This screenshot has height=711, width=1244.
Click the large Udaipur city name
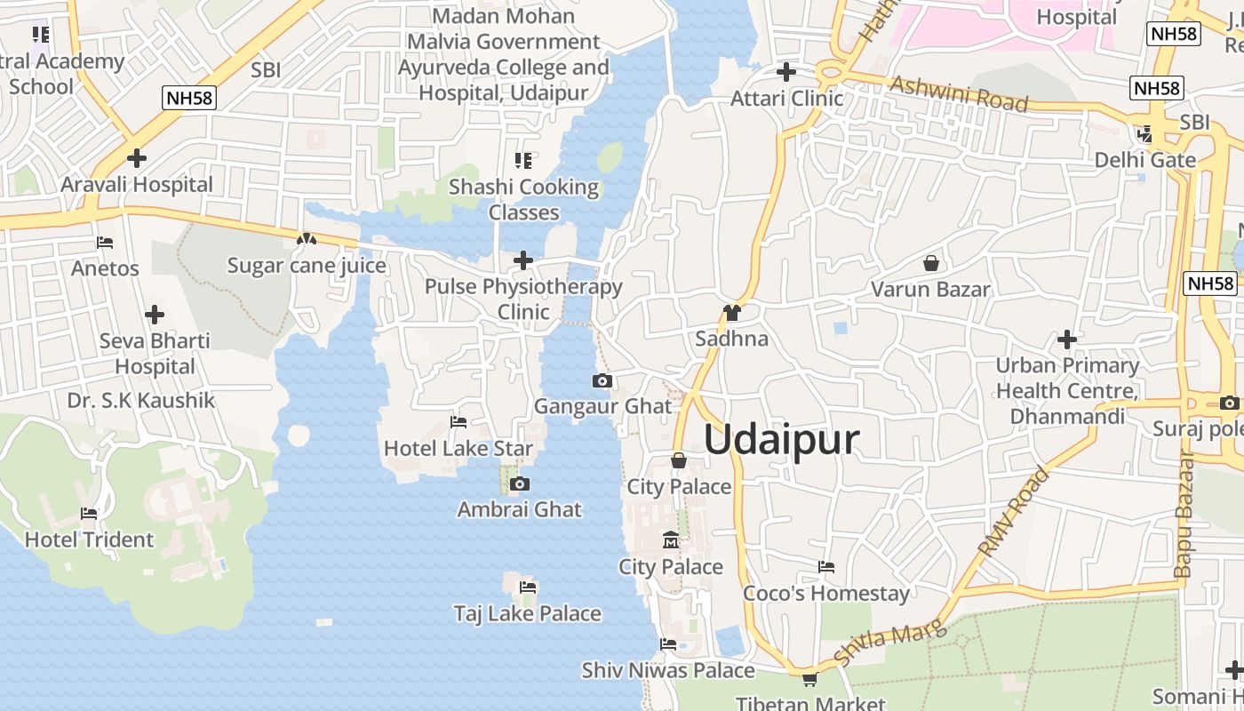[x=783, y=440]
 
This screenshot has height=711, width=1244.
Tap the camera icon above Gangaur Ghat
[x=602, y=381]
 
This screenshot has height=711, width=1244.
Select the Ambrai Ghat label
[x=520, y=510]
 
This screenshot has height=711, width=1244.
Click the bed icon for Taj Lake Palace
[x=528, y=587]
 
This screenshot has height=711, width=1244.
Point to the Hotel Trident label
[x=89, y=539]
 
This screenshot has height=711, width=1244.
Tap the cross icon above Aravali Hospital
[x=137, y=158]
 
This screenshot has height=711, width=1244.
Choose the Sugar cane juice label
[x=307, y=266]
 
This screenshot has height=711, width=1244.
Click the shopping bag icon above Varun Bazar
[x=931, y=263]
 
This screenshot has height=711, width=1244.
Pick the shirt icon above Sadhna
[x=732, y=312]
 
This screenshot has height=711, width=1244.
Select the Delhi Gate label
[x=1145, y=160]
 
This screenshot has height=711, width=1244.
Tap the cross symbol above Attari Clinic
[x=786, y=71]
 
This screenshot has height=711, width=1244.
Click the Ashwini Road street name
[x=959, y=93]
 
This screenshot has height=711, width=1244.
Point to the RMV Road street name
[x=1013, y=513]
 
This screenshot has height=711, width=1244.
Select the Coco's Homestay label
[x=826, y=594]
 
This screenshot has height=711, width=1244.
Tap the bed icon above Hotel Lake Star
[x=459, y=422]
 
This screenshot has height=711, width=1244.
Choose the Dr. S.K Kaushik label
[x=141, y=401]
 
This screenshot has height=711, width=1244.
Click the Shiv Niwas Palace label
[x=668, y=670]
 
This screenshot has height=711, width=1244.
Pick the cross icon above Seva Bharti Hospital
[x=155, y=315]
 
